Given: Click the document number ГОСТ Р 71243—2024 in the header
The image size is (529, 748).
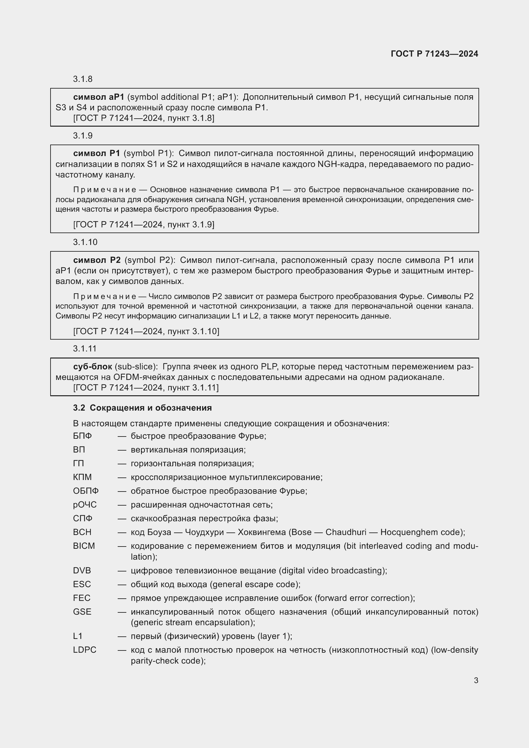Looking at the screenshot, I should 434,54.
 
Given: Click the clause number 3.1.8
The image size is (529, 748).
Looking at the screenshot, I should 83,79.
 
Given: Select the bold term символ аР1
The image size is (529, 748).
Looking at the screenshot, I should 99,97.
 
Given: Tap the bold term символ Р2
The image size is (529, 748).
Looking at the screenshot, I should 97,260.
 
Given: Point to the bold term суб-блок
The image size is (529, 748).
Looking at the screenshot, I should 92,366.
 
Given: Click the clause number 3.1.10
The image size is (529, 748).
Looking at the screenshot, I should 85,242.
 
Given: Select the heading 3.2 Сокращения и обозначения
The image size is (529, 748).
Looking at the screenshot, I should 142,408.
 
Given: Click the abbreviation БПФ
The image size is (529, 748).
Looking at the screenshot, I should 83,436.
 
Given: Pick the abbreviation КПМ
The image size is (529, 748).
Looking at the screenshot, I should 83,477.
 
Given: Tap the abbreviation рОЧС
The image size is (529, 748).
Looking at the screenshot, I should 85,505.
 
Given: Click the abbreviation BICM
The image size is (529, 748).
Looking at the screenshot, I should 84,546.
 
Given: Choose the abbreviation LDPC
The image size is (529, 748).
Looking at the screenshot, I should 85,650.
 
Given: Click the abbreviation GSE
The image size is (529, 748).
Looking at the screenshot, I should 82,612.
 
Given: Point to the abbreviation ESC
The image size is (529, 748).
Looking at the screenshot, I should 82,584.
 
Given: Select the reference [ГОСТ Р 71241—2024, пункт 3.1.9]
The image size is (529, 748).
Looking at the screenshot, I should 144,224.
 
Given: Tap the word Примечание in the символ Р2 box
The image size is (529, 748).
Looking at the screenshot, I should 105,296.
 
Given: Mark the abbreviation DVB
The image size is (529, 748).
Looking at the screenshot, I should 82,571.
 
